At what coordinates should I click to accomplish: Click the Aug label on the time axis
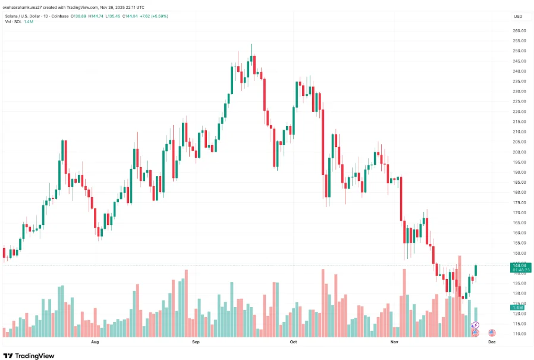point(95,343)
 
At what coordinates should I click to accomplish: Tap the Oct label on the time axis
point(293,343)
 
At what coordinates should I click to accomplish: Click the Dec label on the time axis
point(492,343)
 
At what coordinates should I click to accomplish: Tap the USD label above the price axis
point(518,16)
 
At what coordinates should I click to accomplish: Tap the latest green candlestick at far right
point(476,270)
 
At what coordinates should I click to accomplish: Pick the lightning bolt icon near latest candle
point(475,325)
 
